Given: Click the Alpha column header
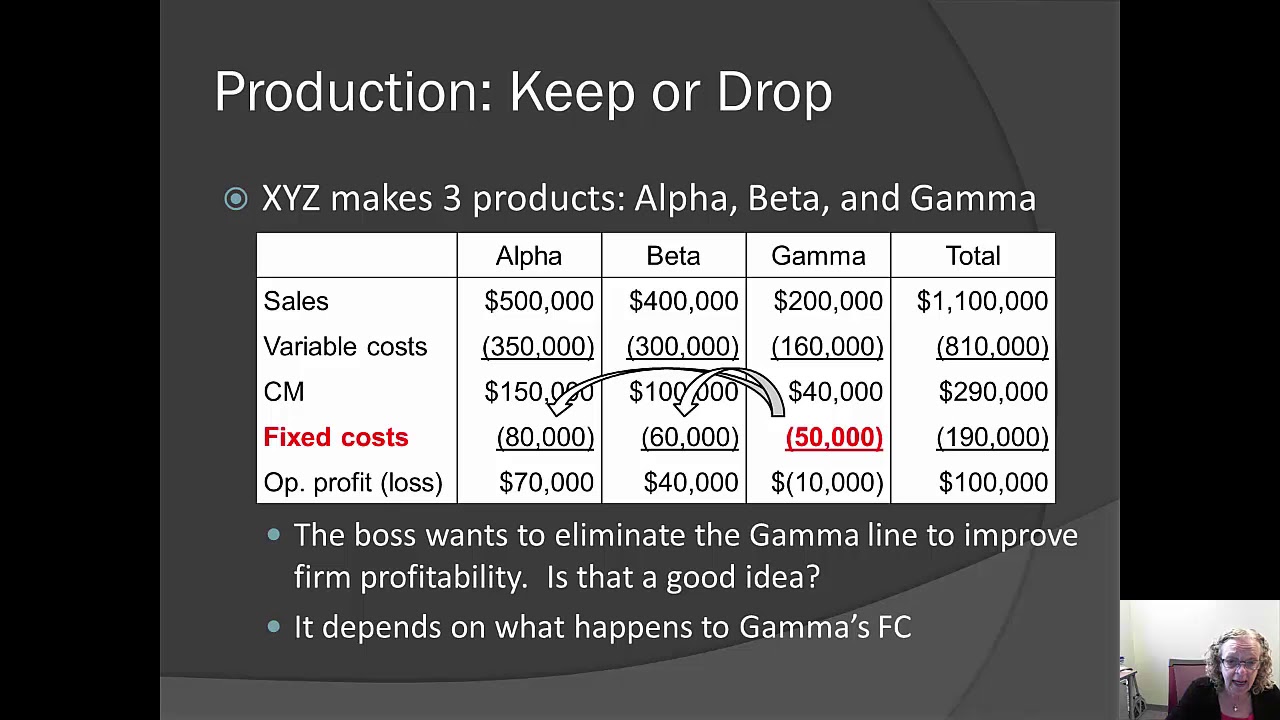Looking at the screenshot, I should pos(529,256).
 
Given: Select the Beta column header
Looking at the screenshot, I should pos(673,256).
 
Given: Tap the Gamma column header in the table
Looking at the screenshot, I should pos(818,256).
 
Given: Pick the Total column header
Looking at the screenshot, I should pos(972,256).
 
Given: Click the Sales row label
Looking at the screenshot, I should pos(296,301).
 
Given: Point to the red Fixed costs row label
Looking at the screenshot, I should pos(336,437).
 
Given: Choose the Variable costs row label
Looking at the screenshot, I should pos(345,347).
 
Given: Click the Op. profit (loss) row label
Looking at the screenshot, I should pos(353,483).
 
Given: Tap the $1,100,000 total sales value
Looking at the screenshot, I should pos(982,301).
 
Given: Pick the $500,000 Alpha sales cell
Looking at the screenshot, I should pos(539,301).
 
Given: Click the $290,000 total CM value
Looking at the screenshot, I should pos(993,392).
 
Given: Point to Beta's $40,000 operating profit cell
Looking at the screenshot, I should pos(691,483).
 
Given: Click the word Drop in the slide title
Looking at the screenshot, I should pos(774,92).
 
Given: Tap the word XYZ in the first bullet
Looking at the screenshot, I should pos(291,198).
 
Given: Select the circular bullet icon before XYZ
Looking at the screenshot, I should pos(236,199).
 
